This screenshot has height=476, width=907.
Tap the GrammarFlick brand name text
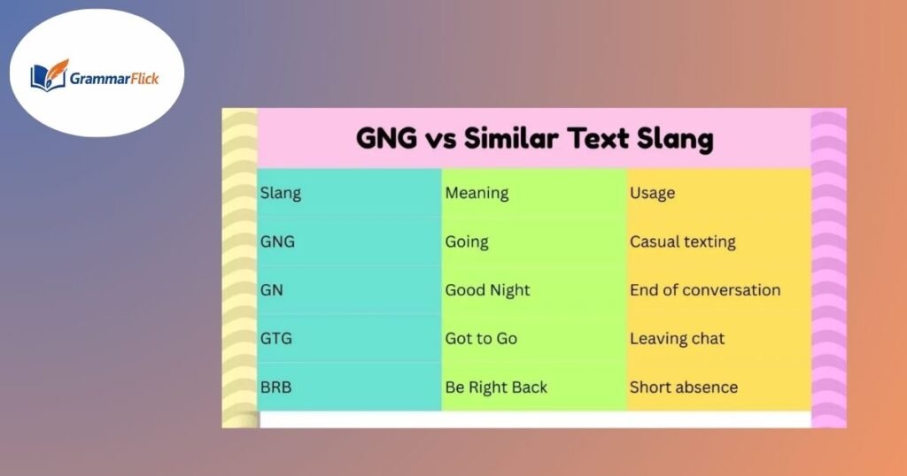point(114,78)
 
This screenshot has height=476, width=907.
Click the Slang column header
point(280,193)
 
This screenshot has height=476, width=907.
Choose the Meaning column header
point(477,193)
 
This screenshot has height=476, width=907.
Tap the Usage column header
point(652,193)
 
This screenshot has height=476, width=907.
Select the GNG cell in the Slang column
point(277,242)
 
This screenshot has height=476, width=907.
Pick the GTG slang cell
point(276,339)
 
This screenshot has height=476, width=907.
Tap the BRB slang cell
point(276,388)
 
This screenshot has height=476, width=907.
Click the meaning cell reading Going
point(467,242)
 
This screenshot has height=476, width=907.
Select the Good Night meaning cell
point(487,290)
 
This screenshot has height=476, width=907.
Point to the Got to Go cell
point(481,339)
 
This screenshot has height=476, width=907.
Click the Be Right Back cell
point(496,388)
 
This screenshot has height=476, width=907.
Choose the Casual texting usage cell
point(683,242)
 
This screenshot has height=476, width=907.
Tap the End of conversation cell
point(705,290)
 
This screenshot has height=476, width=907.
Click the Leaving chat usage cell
point(678,339)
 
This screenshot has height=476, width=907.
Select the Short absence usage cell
point(684,388)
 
